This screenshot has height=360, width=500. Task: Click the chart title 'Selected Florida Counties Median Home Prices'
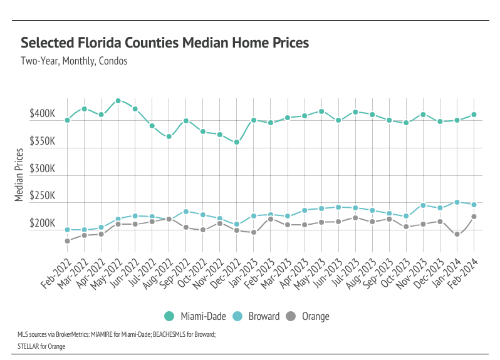click(165, 43)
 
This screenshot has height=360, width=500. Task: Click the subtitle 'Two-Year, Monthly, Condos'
click(74, 61)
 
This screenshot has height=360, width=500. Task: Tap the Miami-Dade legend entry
click(202, 316)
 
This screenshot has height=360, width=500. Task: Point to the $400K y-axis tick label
click(42, 115)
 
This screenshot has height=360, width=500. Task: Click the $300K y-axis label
click(42, 169)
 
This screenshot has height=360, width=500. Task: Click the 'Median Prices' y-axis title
click(19, 175)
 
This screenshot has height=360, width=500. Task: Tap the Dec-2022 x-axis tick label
click(226, 266)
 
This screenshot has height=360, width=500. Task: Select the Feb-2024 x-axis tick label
click(464, 266)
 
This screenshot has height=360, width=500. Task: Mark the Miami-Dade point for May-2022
click(118, 101)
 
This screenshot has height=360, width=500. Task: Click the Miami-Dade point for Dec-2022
click(237, 142)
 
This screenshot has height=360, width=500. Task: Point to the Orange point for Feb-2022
click(67, 241)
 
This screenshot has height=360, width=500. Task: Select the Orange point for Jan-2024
click(457, 234)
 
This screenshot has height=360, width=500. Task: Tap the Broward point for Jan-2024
click(457, 202)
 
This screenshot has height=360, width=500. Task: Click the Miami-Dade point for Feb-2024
click(474, 115)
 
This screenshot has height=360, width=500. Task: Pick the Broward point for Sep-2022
click(186, 212)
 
